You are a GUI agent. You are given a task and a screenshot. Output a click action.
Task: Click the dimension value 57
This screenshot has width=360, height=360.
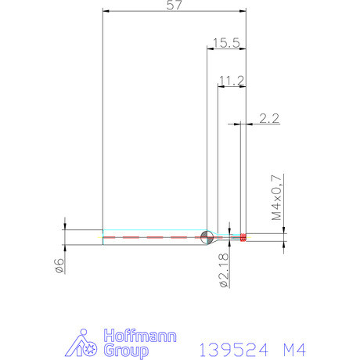[175, 5]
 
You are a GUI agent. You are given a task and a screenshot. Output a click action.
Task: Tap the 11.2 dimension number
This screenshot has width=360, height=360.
[232, 81]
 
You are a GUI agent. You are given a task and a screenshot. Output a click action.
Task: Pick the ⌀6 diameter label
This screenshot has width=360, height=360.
[57, 265]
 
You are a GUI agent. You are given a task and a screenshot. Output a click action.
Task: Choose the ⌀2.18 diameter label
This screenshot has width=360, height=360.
[225, 271]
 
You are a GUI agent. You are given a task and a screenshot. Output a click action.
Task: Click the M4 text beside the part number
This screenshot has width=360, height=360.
[292, 348]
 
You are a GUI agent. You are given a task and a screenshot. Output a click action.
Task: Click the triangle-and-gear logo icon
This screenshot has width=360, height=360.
[85, 344]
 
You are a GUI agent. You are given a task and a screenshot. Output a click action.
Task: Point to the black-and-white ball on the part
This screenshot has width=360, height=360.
[207, 236]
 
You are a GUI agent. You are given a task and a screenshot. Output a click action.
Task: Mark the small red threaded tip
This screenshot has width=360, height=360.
[243, 236]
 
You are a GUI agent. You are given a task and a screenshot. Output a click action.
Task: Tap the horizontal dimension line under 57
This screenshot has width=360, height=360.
[175, 11]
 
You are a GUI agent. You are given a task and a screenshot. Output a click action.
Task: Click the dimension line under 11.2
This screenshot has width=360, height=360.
[232, 86]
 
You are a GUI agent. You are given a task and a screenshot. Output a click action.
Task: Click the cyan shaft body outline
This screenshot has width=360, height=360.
[149, 231]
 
